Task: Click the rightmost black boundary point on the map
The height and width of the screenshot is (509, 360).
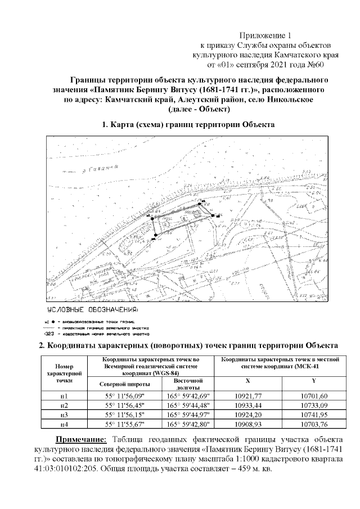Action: pos(213,215)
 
